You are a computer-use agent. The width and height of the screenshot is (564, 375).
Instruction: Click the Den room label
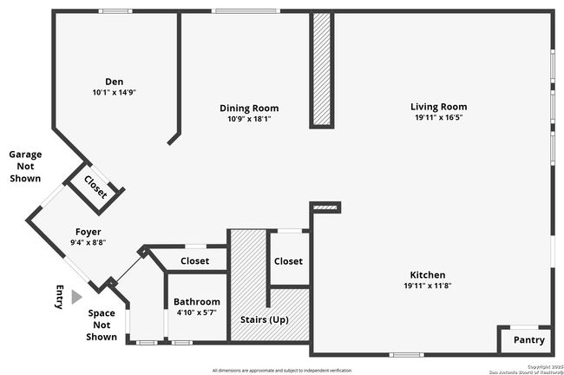115,81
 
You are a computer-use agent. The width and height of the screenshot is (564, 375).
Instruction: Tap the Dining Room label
248,108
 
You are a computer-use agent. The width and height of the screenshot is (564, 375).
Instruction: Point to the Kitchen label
427,274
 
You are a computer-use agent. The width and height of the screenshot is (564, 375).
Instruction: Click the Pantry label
528,339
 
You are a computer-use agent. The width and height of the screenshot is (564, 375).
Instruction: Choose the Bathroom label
196,301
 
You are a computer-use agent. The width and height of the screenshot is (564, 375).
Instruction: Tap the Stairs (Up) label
265,319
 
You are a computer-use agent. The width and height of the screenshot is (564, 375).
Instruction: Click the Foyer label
88,232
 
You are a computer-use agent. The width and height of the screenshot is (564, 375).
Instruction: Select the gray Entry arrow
76,297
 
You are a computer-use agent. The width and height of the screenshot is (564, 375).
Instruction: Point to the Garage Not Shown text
25,166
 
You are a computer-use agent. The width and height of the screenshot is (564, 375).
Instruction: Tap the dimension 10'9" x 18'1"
248,119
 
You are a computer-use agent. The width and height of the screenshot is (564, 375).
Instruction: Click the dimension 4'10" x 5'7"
196,312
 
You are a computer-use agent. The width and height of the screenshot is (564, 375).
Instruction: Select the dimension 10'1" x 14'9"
115,92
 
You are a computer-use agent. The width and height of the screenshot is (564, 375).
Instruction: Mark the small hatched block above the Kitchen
326,207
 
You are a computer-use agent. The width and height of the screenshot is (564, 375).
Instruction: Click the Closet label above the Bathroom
194,260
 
